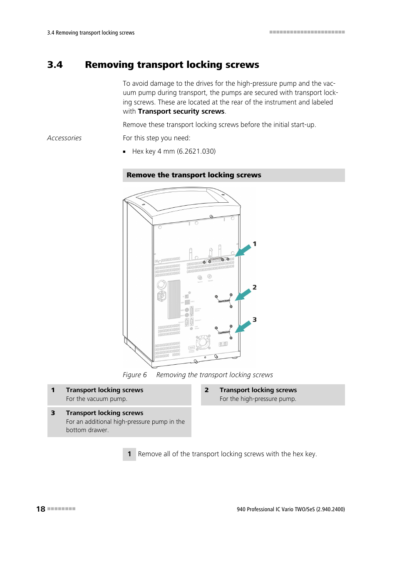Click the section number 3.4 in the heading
coord(55,65)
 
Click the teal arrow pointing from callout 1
coord(243,251)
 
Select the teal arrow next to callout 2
coord(243,295)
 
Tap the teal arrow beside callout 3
coord(243,327)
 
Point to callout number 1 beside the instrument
coord(255,244)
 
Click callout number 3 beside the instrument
coord(255,320)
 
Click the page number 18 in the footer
coord(41,509)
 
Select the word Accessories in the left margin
coord(64,138)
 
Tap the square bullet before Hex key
coord(124,152)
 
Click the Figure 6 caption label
coord(134,375)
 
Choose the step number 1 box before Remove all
coord(129,454)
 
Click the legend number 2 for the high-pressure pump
coord(207,390)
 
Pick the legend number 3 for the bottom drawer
coord(53,413)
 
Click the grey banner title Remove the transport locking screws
coord(194,175)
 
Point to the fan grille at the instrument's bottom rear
coord(203,342)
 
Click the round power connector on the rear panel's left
coord(161,285)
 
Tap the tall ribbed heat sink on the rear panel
coord(174,299)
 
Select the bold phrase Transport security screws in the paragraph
coord(181,112)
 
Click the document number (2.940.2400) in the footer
coord(330,509)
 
